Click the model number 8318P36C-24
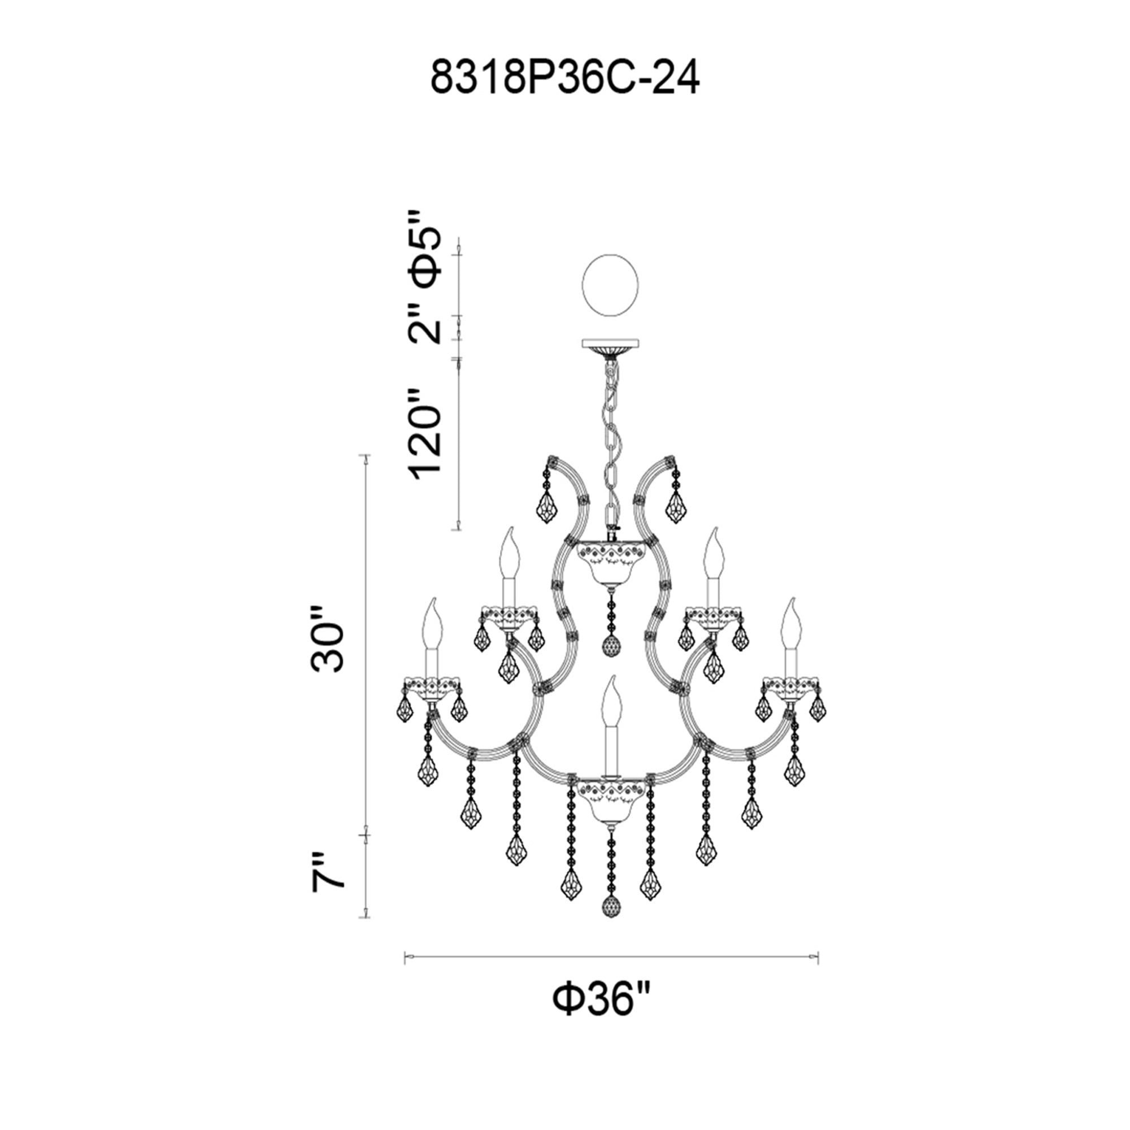564,79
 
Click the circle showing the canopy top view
611,286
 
